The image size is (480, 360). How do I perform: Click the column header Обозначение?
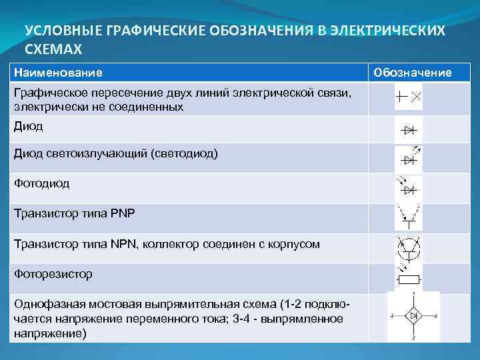pos(412,72)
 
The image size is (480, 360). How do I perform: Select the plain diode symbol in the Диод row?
pos(408,129)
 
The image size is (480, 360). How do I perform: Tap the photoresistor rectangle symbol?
pos(408,278)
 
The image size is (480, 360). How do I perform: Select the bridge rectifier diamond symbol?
pos(413,315)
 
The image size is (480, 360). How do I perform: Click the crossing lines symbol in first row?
pos(408,98)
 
